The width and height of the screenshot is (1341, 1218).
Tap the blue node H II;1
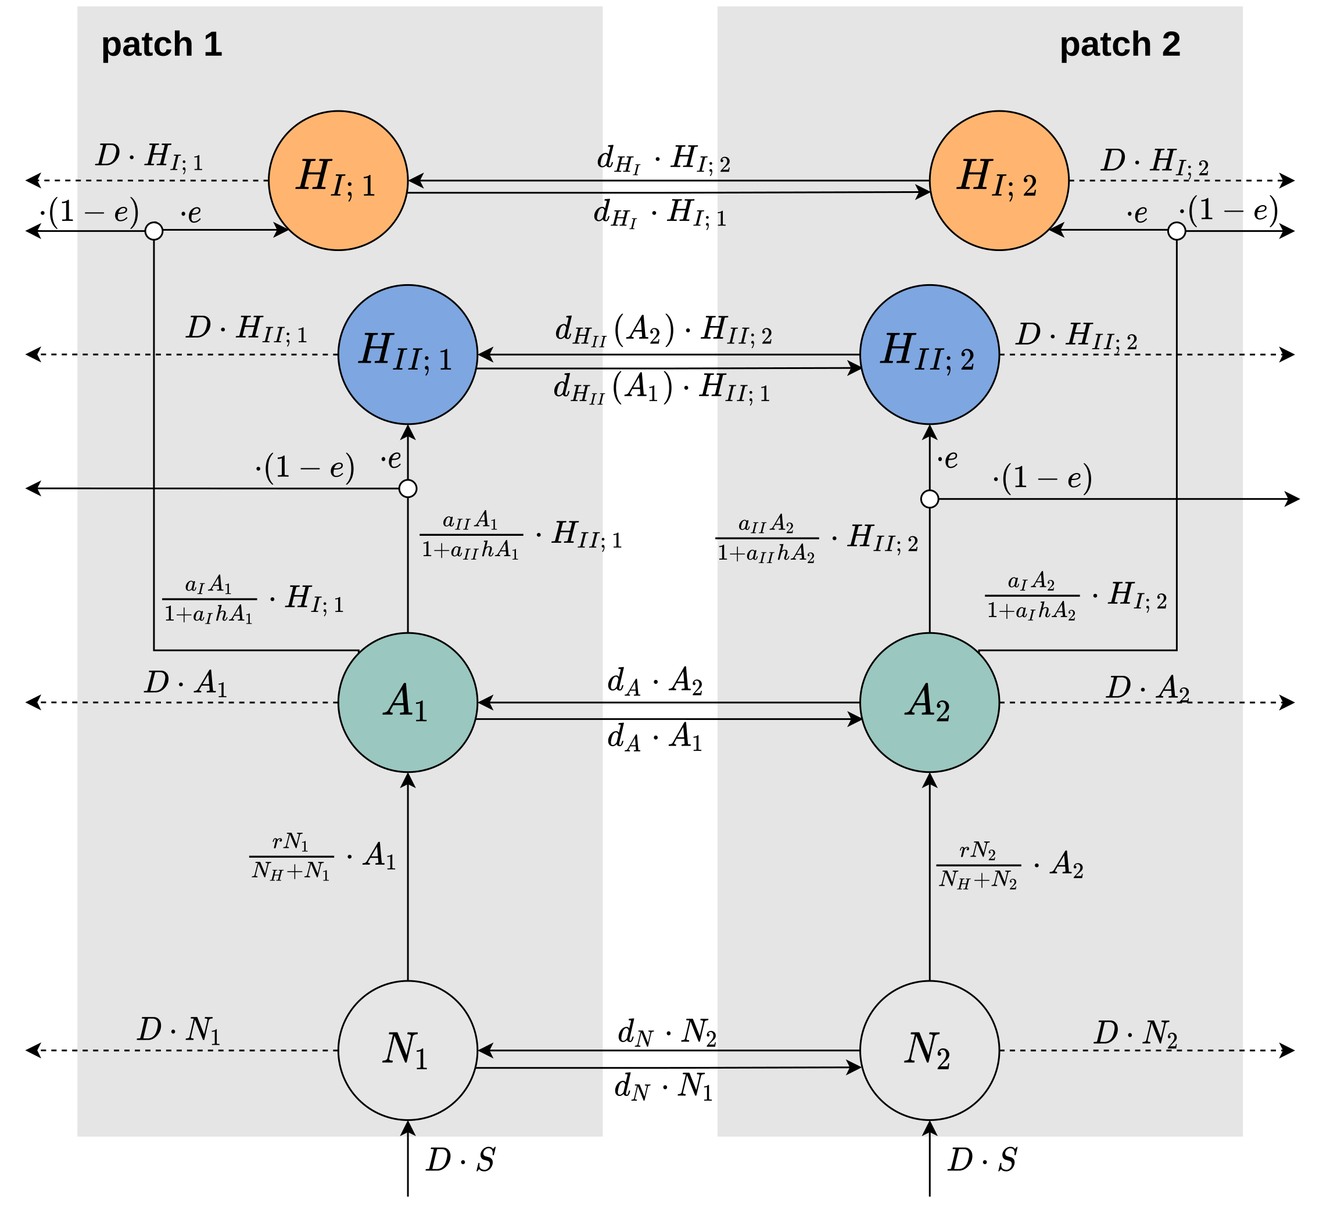coord(408,354)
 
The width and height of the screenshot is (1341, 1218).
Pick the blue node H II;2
coord(929,354)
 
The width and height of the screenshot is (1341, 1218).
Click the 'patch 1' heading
coord(162,45)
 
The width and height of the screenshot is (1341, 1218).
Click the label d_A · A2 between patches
coord(655,682)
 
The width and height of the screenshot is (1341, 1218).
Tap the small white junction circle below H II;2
coord(929,499)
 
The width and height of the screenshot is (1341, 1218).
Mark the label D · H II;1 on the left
coord(246,328)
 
